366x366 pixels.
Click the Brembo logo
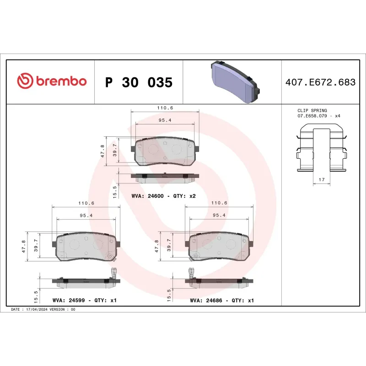pyautogui.click(x=51, y=81)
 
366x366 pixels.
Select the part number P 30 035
pyautogui.click(x=139, y=83)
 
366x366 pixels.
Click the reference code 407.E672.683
pyautogui.click(x=320, y=82)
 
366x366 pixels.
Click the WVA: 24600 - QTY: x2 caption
pyautogui.click(x=163, y=196)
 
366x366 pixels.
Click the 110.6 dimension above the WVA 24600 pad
pyautogui.click(x=165, y=108)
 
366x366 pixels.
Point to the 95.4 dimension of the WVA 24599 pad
pyautogui.click(x=85, y=215)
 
